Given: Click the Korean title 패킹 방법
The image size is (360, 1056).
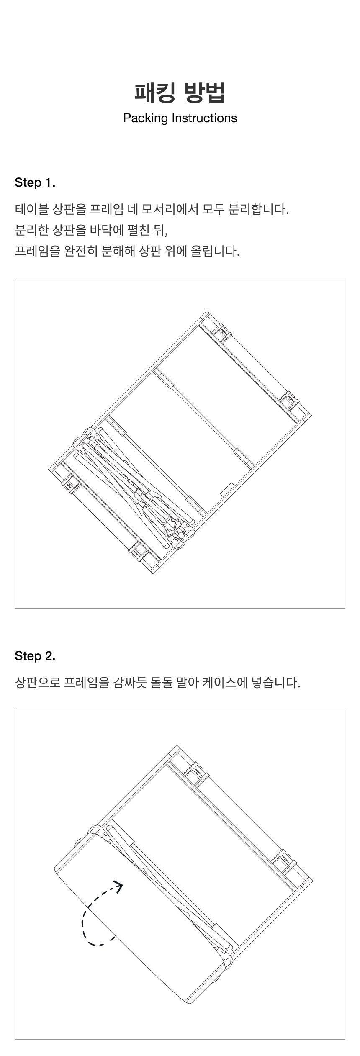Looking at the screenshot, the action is click(180, 92).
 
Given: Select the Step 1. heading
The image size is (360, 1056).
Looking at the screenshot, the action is click(35, 183).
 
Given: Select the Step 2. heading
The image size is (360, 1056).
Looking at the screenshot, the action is click(35, 656).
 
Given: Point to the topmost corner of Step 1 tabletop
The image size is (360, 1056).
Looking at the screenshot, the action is click(207, 311).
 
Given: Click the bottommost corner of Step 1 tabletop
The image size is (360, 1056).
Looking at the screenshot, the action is click(153, 574).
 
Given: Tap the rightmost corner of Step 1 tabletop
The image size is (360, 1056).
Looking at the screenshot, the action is click(311, 415).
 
